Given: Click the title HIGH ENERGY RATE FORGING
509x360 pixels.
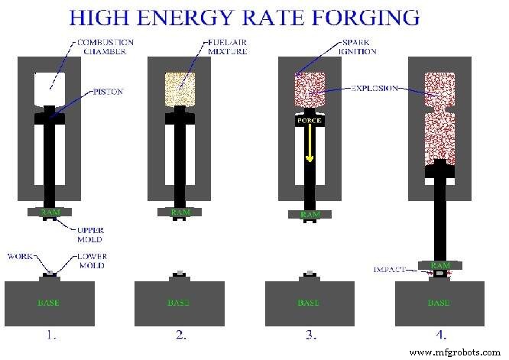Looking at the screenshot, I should pyautogui.click(x=254, y=16).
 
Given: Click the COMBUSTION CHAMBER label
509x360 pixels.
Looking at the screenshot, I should pyautogui.click(x=105, y=47).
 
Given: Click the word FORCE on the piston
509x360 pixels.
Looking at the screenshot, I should pyautogui.click(x=310, y=121).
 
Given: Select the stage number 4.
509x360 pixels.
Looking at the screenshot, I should pyautogui.click(x=439, y=335).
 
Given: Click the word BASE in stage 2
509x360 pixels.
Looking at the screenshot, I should pyautogui.click(x=179, y=303).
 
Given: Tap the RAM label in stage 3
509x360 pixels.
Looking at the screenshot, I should pyautogui.click(x=310, y=212).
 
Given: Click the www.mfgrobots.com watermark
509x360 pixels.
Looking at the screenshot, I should pyautogui.click(x=458, y=352).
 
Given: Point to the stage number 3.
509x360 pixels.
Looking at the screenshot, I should pyautogui.click(x=310, y=335).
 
